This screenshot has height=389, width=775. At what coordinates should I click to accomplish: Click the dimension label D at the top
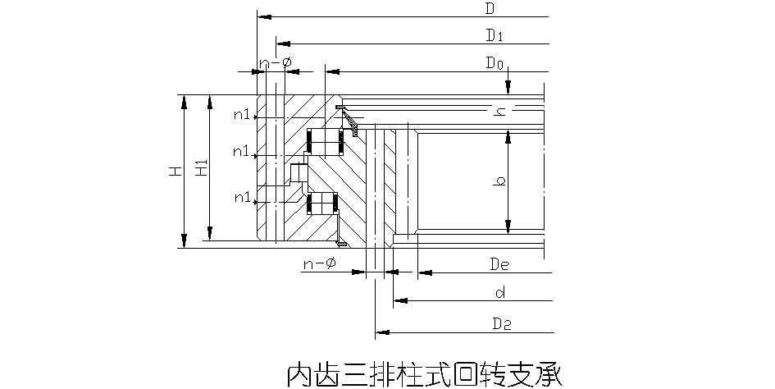489,9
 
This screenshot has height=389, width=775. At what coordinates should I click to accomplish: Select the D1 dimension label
494,35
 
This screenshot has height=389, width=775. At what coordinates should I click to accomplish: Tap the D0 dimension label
494,62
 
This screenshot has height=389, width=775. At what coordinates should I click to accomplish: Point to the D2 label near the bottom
502,324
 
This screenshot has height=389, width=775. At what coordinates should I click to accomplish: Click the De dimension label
500,263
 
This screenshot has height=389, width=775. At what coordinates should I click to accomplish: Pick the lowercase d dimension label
499,292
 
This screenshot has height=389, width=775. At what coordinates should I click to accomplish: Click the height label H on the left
174,172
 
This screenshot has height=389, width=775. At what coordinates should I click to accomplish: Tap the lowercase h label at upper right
499,112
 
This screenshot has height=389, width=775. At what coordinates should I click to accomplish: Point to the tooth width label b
499,180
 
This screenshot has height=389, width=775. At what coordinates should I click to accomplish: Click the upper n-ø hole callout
276,63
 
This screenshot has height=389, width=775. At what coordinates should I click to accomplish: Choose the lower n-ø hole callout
320,263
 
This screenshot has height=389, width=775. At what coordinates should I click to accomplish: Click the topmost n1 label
242,115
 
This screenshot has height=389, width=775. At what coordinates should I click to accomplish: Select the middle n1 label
241,151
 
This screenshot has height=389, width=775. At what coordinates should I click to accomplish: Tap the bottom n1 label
242,197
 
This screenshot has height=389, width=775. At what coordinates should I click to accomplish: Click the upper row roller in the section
324,140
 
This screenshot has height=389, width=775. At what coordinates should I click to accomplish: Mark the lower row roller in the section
322,203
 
